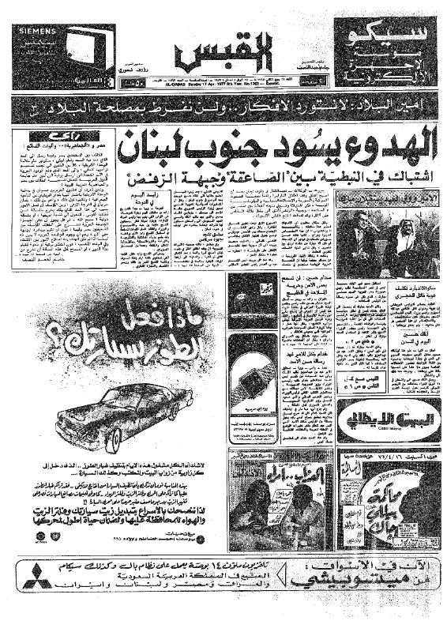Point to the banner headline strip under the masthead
(223, 105)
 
